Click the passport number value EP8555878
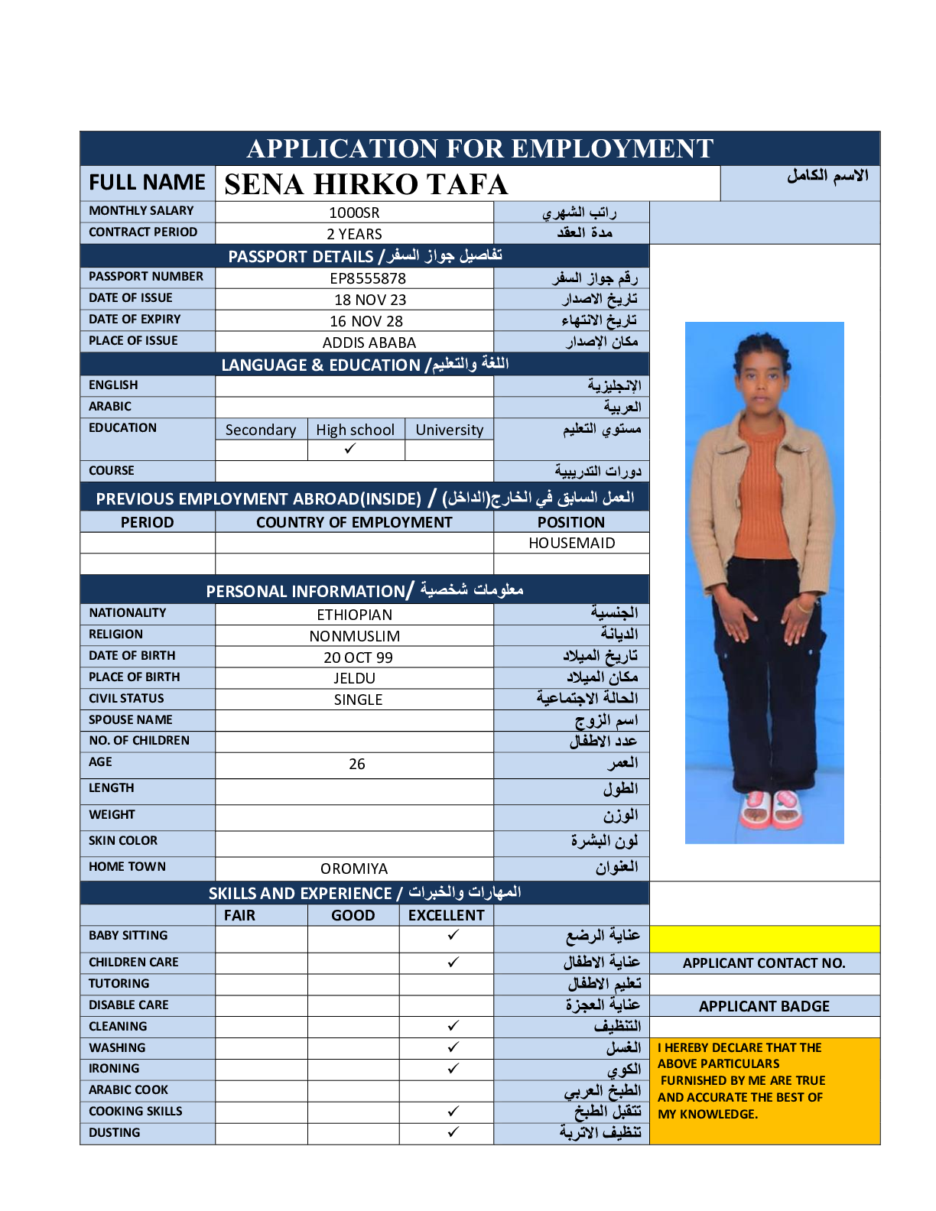coord(368,278)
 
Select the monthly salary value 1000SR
coord(354,213)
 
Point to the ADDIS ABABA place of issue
coord(369,343)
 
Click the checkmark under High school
coord(350,449)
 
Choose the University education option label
coord(449,430)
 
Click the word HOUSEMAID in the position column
coord(571,543)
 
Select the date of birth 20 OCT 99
coord(358,657)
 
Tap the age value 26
coord(357,764)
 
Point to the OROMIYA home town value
coord(354,868)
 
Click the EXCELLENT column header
coord(446,915)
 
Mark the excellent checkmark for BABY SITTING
coord(453,934)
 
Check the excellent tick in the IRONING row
coord(453,1068)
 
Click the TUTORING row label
coord(119,983)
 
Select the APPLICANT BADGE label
coord(764,1006)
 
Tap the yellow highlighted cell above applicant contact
coord(764,939)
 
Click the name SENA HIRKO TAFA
coord(366,184)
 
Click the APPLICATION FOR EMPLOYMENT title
coord(479,148)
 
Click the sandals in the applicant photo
coord(771,810)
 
